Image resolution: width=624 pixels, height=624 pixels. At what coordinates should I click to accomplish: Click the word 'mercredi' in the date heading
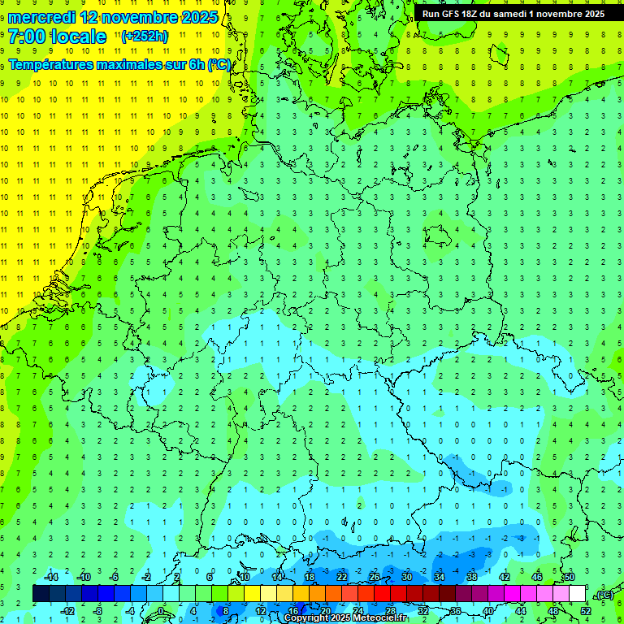click(x=42, y=17)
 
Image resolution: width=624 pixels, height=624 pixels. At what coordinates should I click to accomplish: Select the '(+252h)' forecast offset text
click(x=144, y=37)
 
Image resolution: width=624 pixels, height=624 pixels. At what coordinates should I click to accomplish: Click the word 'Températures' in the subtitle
click(x=54, y=65)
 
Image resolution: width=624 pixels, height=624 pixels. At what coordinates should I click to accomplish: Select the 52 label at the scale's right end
click(x=586, y=610)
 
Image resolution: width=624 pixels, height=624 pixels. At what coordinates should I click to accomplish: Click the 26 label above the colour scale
click(x=375, y=577)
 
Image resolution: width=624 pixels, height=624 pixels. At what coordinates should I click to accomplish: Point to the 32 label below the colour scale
click(x=423, y=610)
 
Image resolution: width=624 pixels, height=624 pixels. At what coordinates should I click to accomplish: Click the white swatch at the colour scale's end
click(x=577, y=593)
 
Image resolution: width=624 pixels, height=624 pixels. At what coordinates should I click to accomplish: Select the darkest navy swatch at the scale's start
click(x=41, y=593)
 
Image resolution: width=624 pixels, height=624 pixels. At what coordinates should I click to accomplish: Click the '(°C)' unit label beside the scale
click(x=603, y=595)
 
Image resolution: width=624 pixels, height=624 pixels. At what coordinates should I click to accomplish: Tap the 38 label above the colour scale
click(x=472, y=577)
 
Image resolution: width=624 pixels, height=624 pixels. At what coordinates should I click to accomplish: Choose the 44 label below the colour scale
click(x=521, y=610)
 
